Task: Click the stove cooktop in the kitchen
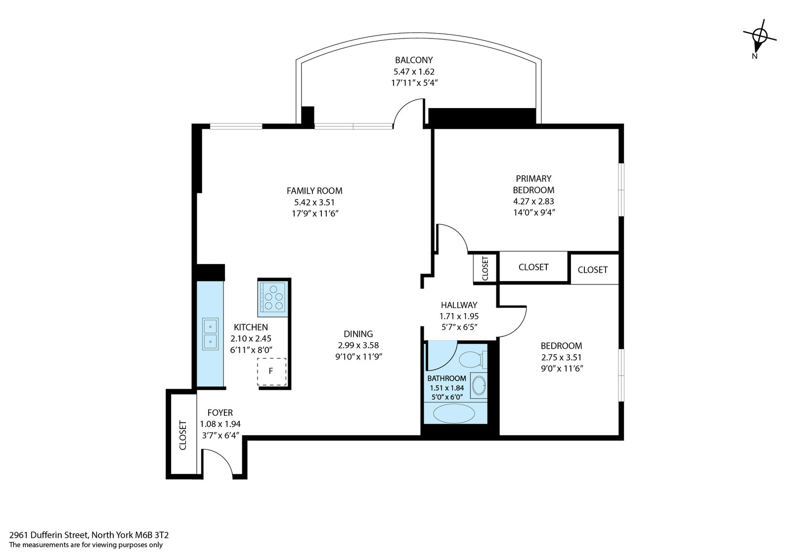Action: pos(272,297)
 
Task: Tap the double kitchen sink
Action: pos(210,334)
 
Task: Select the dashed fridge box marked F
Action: pos(271,372)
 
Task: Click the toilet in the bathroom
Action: pos(473,359)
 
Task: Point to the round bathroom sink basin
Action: pos(479,386)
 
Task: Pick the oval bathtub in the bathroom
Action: pos(454,413)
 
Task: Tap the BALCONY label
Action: pos(414,60)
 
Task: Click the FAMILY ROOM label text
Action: pos(314,191)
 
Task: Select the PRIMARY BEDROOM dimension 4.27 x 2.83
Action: pos(533,201)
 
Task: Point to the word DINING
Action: pos(358,334)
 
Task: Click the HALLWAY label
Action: pos(459,305)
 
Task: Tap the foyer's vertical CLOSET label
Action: pos(182,435)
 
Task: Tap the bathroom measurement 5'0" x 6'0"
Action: pos(447,397)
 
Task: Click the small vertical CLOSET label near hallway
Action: pos(485,269)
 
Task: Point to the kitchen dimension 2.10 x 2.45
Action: pos(251,339)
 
